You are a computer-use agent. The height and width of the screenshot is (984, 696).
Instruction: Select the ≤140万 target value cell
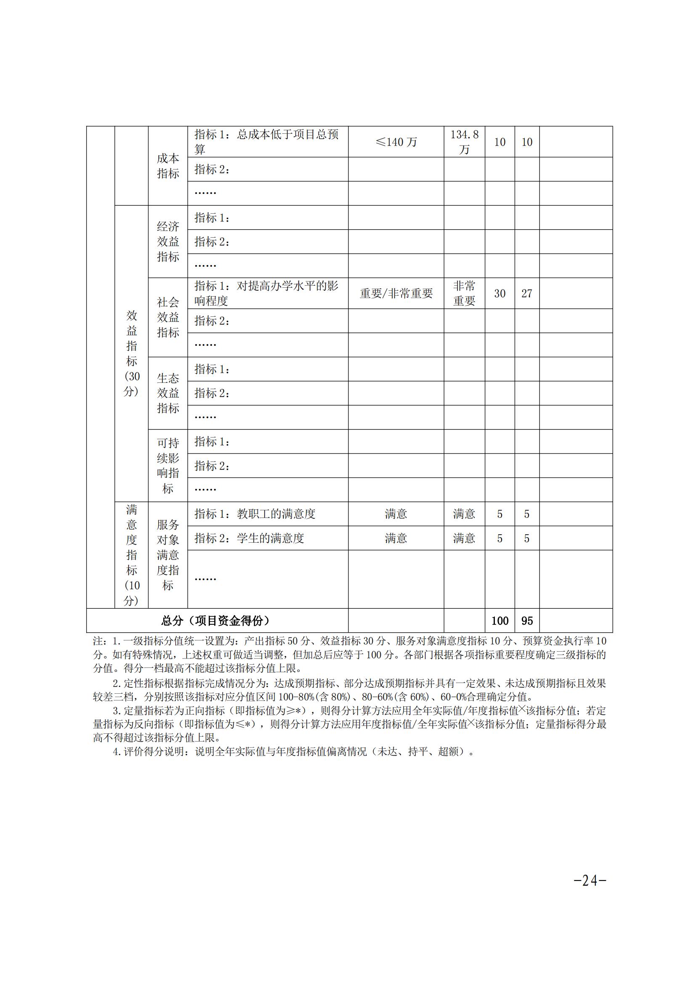pyautogui.click(x=396, y=142)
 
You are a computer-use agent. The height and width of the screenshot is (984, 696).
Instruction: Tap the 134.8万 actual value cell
pyautogui.click(x=464, y=142)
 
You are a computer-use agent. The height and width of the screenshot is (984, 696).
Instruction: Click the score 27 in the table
pyautogui.click(x=527, y=294)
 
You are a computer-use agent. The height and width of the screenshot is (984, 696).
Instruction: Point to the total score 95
pyautogui.click(x=527, y=621)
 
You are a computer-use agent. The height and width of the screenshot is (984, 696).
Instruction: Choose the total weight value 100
pyautogui.click(x=500, y=621)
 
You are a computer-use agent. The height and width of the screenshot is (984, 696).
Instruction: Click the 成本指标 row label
pyautogui.click(x=167, y=166)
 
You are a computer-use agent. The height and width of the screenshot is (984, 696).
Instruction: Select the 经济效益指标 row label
pyautogui.click(x=167, y=242)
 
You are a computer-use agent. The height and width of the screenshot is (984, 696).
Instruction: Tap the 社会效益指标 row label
pyautogui.click(x=167, y=317)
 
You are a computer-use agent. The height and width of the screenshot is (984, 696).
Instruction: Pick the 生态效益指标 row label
pyautogui.click(x=167, y=393)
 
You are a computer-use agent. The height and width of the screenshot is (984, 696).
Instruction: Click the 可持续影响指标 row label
pyautogui.click(x=167, y=465)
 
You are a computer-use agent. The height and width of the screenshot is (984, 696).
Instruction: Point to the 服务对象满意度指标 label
pyautogui.click(x=167, y=555)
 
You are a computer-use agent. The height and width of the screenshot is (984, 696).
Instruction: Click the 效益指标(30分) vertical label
pyautogui.click(x=132, y=353)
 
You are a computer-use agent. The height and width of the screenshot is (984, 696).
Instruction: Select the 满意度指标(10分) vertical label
pyautogui.click(x=132, y=555)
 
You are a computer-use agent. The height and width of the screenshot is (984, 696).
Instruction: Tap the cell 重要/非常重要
pyautogui.click(x=396, y=294)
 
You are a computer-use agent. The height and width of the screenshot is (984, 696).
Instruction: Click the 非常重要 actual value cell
pyautogui.click(x=464, y=294)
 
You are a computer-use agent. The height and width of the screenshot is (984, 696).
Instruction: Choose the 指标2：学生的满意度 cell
pyautogui.click(x=249, y=538)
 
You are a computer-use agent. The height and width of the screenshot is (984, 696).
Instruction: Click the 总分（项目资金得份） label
pyautogui.click(x=215, y=621)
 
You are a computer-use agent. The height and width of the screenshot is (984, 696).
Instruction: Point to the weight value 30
pyautogui.click(x=500, y=294)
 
